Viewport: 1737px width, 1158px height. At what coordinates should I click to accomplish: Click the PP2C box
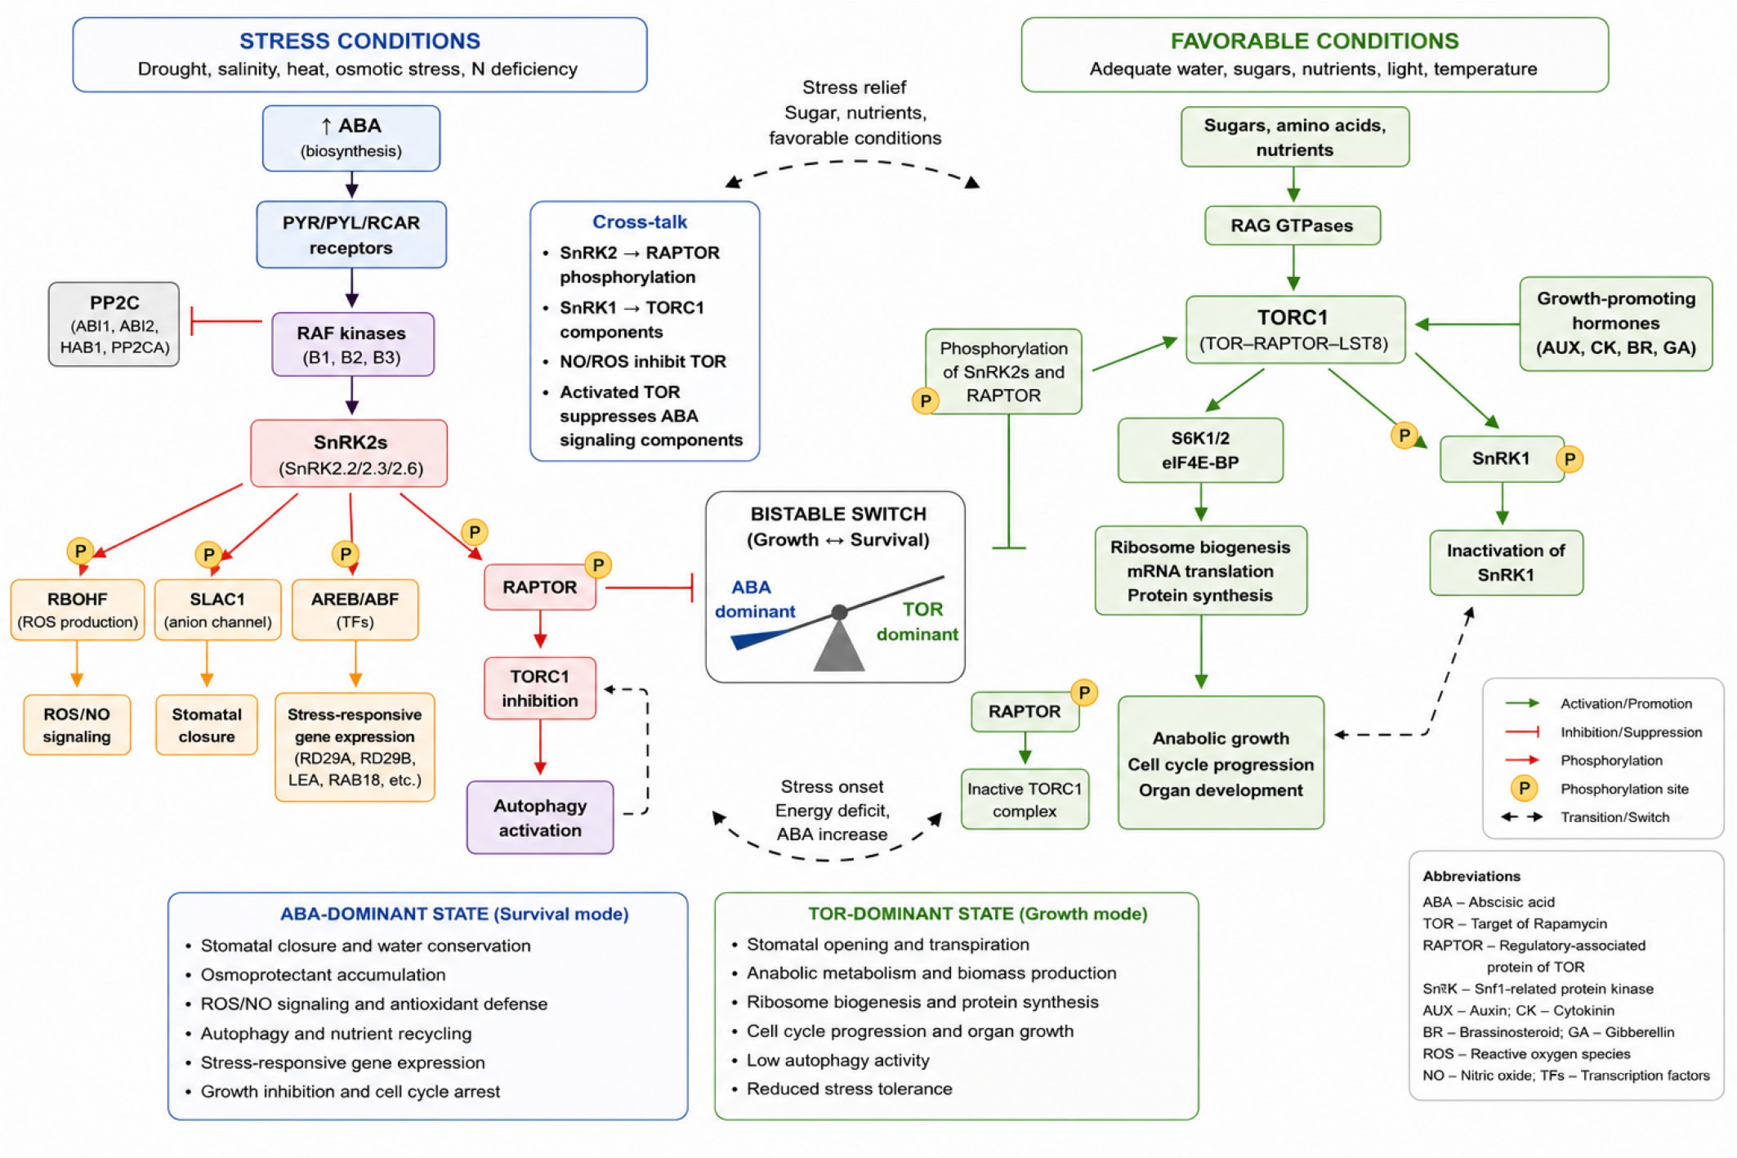[x=114, y=324]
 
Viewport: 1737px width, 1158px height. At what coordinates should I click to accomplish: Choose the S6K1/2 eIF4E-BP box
[x=1200, y=450]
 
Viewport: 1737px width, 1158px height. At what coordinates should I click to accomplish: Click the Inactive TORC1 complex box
[x=1025, y=799]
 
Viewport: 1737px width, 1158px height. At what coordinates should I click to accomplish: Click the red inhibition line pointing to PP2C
[x=227, y=321]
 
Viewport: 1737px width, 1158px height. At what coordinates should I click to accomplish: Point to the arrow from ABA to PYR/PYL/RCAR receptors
[x=352, y=185]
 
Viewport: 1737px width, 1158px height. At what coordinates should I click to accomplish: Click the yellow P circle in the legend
[x=1524, y=788]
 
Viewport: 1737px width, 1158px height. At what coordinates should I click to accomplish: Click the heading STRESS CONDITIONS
[x=359, y=40]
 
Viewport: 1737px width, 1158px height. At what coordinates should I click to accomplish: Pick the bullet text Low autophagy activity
[x=838, y=1060]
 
